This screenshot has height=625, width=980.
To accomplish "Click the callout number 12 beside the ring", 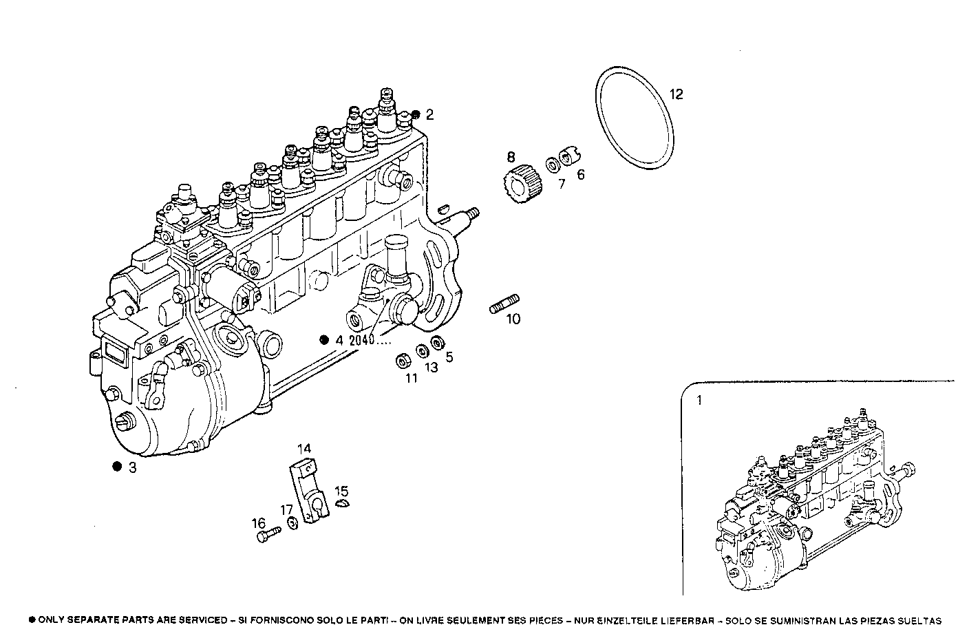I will pos(677,94).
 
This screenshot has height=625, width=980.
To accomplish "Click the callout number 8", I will pos(511,157).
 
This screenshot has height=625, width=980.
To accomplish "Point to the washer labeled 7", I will pos(553,165).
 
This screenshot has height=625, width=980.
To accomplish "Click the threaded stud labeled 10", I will pos(505,304).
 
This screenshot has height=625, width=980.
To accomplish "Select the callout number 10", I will pos(513,319).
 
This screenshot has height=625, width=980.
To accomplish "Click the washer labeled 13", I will pos(420,351).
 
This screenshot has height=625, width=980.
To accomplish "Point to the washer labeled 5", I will pos(437,343).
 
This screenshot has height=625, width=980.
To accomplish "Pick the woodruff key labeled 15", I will pos(343,506).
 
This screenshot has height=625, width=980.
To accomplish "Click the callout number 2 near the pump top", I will pos(429,115).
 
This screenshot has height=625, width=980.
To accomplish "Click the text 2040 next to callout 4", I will pos(361,340).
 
